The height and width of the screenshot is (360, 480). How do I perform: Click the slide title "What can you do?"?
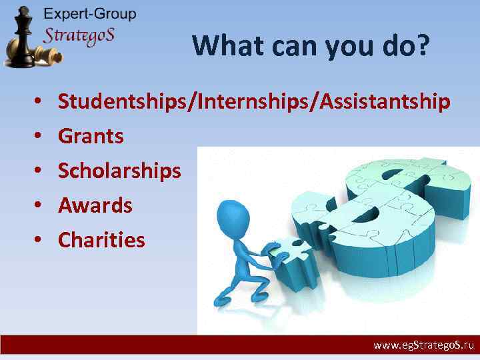(311, 46)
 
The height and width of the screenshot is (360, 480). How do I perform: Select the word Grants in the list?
(91, 137)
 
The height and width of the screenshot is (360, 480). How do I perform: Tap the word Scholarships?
(119, 171)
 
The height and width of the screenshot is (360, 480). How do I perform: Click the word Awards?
(95, 206)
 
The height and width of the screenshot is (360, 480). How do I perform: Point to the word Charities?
(101, 240)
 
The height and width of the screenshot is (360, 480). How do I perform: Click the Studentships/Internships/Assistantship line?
(254, 102)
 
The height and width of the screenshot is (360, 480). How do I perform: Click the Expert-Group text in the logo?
(89, 14)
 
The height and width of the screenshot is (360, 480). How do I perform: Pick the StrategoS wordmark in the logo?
(79, 35)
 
